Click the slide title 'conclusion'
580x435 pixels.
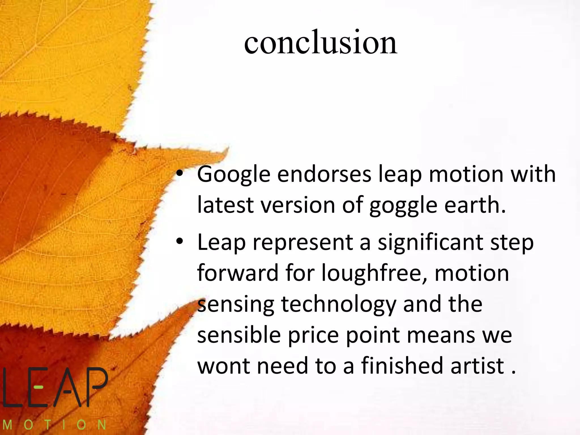click(x=321, y=42)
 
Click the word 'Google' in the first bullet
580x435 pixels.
click(x=234, y=175)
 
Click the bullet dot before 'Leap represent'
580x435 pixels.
click(x=180, y=242)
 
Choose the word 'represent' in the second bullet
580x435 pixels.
click(x=303, y=243)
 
